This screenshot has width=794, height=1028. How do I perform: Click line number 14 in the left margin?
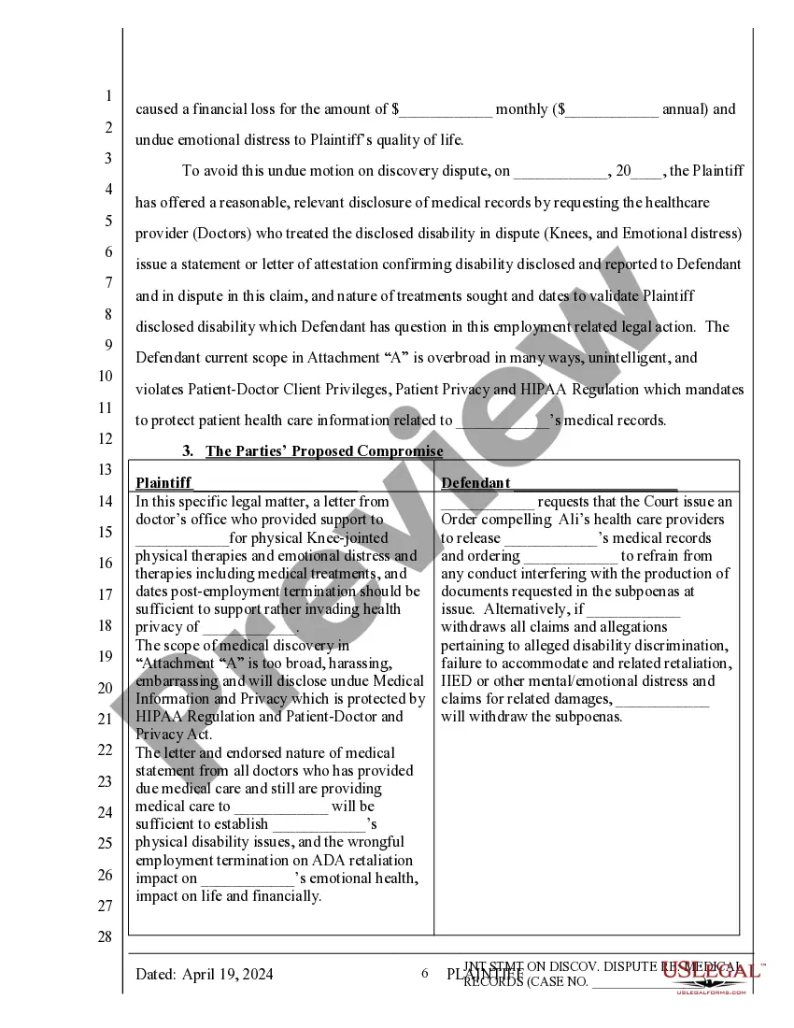point(107,501)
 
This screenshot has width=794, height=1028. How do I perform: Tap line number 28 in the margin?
point(106,937)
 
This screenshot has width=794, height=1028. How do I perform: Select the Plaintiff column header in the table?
point(163,482)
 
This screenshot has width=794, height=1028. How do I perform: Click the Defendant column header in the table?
point(475,482)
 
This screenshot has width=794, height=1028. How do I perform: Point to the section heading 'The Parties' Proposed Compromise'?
point(324,451)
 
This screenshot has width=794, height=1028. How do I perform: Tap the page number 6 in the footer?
point(424,974)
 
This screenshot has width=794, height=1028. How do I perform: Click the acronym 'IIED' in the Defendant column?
point(456,681)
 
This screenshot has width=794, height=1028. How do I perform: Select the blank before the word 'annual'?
point(612,109)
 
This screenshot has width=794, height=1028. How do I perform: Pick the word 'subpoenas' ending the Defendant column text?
point(589,717)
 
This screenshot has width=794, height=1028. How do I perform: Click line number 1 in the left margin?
point(107,96)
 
